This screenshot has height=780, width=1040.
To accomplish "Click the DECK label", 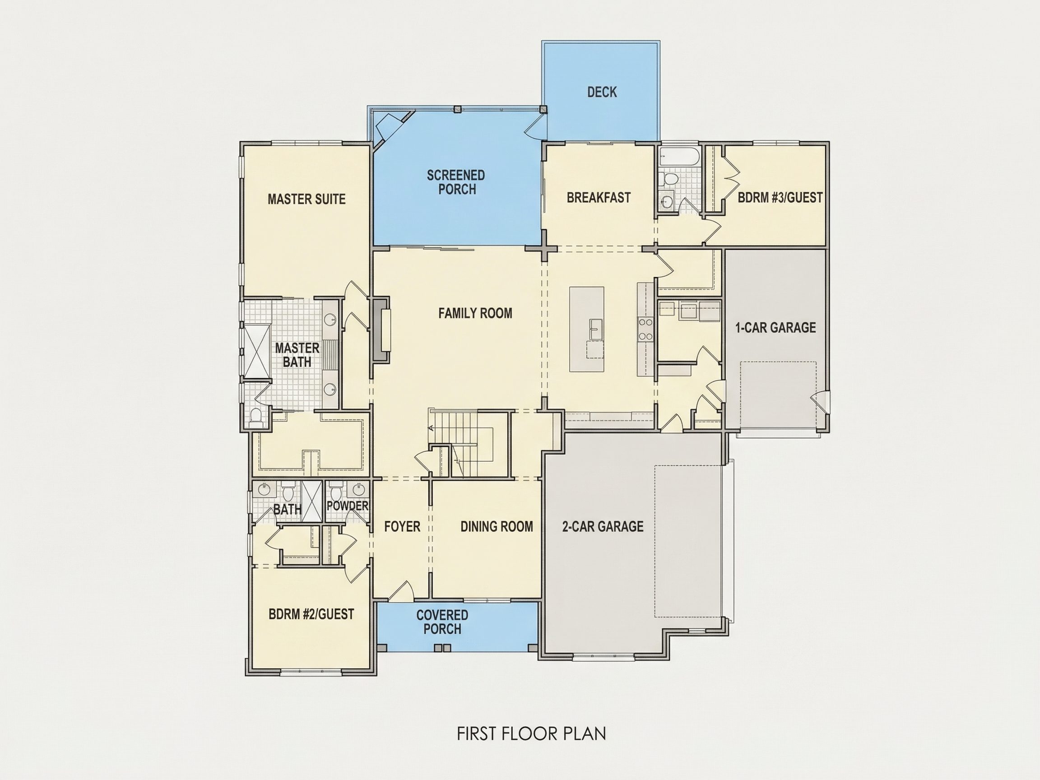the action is (602, 92).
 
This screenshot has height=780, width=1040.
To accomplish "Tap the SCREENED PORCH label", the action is (456, 182).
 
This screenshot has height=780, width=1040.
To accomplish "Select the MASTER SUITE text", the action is (306, 200).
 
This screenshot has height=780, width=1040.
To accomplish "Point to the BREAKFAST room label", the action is (599, 197).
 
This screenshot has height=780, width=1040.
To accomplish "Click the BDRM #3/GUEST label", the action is (780, 197).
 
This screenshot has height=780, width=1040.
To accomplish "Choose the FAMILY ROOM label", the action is (475, 313).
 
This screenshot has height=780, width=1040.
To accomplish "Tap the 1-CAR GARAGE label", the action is (776, 328).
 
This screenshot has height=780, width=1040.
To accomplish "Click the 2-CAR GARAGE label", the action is (603, 527).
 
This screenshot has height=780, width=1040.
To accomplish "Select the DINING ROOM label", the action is (497, 527).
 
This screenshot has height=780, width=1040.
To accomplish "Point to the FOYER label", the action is (402, 527).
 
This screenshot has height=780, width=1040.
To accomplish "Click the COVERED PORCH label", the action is (442, 622).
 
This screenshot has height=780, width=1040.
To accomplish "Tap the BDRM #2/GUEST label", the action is (311, 614).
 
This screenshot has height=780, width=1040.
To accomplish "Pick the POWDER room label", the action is (348, 506).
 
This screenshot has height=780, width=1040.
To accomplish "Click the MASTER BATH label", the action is (297, 355).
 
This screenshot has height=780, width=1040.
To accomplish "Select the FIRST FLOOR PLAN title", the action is (532, 734).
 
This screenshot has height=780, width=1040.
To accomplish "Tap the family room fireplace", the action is (382, 330).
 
